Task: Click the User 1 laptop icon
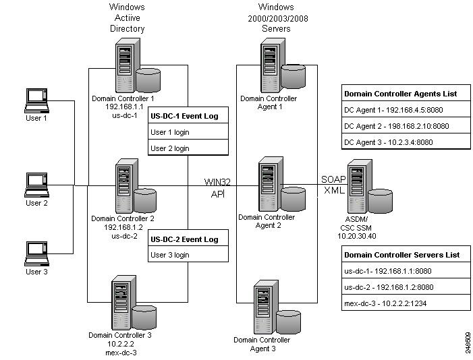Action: (x=36, y=100)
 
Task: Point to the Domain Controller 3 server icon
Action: (x=130, y=303)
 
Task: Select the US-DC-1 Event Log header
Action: (x=189, y=116)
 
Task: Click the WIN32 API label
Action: (x=218, y=187)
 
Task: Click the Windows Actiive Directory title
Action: (x=127, y=18)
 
